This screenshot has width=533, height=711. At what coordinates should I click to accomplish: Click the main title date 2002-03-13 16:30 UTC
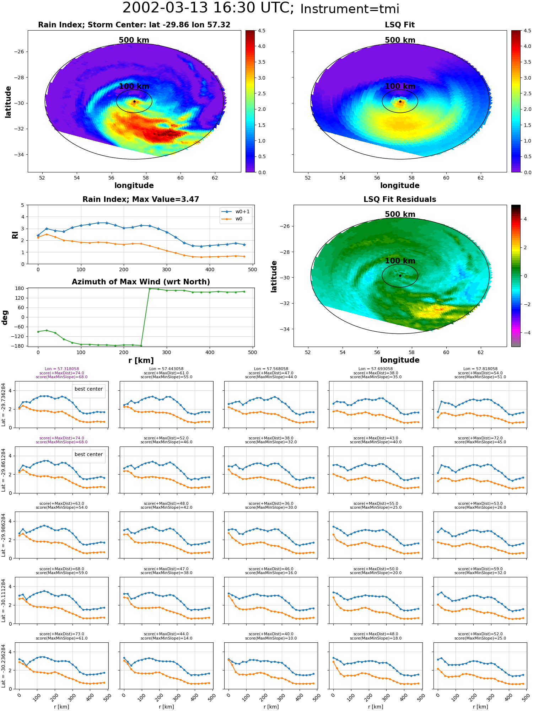(x=208, y=8)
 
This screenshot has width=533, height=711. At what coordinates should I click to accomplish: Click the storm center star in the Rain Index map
(x=134, y=101)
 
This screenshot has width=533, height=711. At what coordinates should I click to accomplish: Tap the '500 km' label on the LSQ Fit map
(x=400, y=40)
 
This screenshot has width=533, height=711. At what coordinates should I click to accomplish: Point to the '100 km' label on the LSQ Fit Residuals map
(x=400, y=261)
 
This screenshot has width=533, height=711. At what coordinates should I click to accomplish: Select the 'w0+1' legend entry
(x=242, y=212)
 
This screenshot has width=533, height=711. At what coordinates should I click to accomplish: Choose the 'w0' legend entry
(x=239, y=219)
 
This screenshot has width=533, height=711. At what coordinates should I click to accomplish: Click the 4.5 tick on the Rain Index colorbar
(x=262, y=31)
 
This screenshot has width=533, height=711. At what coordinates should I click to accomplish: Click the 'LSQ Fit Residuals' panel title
(x=400, y=199)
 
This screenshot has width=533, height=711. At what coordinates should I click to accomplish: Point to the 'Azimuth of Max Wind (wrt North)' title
(x=141, y=282)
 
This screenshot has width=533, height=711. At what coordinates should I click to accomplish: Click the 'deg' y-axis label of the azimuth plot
(x=5, y=317)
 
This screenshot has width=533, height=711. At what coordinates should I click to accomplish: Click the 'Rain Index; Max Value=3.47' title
(x=141, y=199)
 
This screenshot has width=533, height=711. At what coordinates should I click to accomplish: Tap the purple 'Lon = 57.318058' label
(x=62, y=369)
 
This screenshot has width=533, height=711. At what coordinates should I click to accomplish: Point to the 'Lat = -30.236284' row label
(x=4, y=666)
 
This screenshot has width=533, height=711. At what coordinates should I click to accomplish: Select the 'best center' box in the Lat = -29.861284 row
(x=88, y=455)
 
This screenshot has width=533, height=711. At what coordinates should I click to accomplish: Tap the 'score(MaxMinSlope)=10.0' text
(x=271, y=638)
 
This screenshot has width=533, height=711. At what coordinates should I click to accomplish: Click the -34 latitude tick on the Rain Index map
(x=18, y=155)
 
